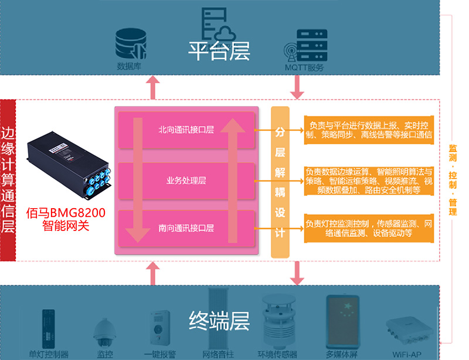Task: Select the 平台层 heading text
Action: (219, 50)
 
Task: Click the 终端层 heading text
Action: (219, 320)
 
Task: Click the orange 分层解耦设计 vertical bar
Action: (280, 182)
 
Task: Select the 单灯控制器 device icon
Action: (49, 328)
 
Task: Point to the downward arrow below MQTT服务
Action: (296, 87)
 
